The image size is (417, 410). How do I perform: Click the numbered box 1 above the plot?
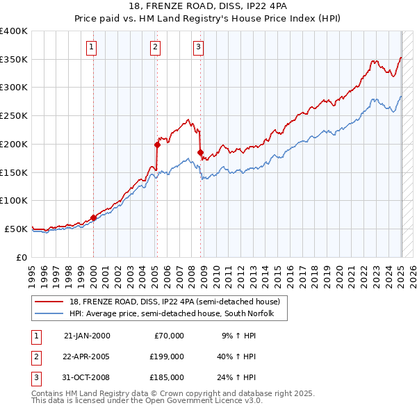click(x=92, y=47)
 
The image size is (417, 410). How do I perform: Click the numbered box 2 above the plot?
click(x=155, y=47)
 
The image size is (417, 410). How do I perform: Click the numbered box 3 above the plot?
click(x=199, y=47)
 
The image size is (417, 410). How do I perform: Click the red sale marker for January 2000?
click(x=93, y=218)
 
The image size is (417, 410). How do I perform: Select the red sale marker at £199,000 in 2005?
click(x=157, y=145)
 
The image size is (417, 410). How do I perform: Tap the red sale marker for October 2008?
click(x=200, y=152)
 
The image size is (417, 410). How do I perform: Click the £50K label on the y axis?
click(x=17, y=229)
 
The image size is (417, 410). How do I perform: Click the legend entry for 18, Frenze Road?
click(x=174, y=302)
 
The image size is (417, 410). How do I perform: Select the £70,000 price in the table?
click(x=167, y=336)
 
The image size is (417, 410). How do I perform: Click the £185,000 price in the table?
click(x=167, y=377)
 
